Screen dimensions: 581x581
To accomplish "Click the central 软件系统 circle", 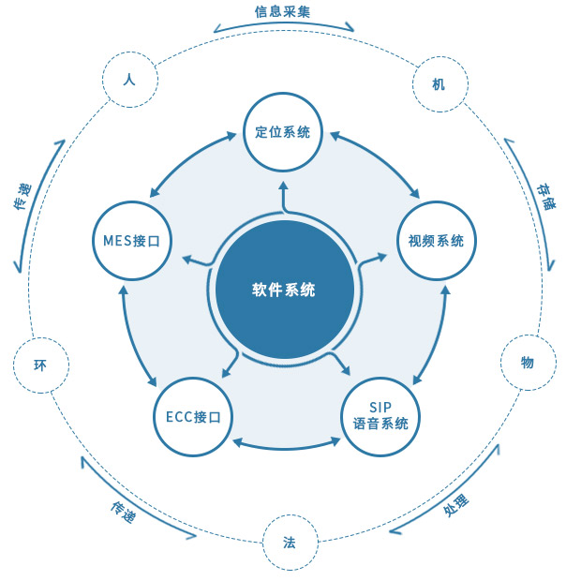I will [284, 290].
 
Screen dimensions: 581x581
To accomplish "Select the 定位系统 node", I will [283, 132].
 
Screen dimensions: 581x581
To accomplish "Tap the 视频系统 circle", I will [436, 240].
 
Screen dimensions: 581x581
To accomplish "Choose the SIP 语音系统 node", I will [380, 415].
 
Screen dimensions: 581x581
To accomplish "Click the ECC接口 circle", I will [193, 417].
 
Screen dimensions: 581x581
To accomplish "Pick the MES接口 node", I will [131, 240].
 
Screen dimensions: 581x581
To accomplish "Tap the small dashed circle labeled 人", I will [129, 80].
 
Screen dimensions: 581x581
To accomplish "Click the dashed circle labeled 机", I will [439, 84].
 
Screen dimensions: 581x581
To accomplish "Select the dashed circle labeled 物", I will [527, 362].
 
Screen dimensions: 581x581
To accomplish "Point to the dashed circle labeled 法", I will [289, 542].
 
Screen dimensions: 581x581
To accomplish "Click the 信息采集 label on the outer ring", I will [282, 12].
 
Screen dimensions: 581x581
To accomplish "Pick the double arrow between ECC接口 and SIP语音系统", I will [287, 442].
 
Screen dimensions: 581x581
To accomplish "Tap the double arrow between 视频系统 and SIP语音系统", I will [432, 333].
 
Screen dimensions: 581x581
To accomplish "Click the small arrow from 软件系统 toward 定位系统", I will [284, 197].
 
